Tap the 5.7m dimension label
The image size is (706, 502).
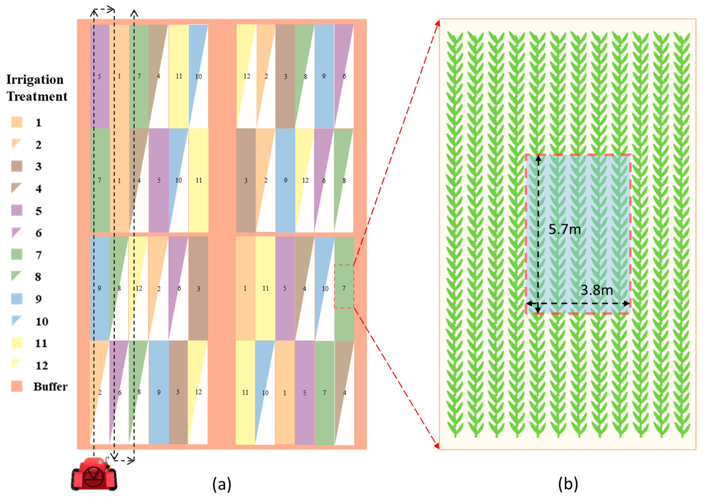tap(565, 229)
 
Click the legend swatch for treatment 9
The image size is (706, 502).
tap(17, 299)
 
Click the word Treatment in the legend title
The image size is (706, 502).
tap(37, 96)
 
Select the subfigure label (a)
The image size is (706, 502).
tap(221, 484)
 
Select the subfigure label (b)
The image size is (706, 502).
tap(568, 484)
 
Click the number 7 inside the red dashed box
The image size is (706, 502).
tap(344, 288)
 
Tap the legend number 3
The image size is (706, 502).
tap(38, 167)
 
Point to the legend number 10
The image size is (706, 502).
tap(42, 321)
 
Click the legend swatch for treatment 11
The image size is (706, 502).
tap(17, 343)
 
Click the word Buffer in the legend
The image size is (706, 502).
tap(50, 386)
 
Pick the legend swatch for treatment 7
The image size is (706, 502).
tap(17, 254)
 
